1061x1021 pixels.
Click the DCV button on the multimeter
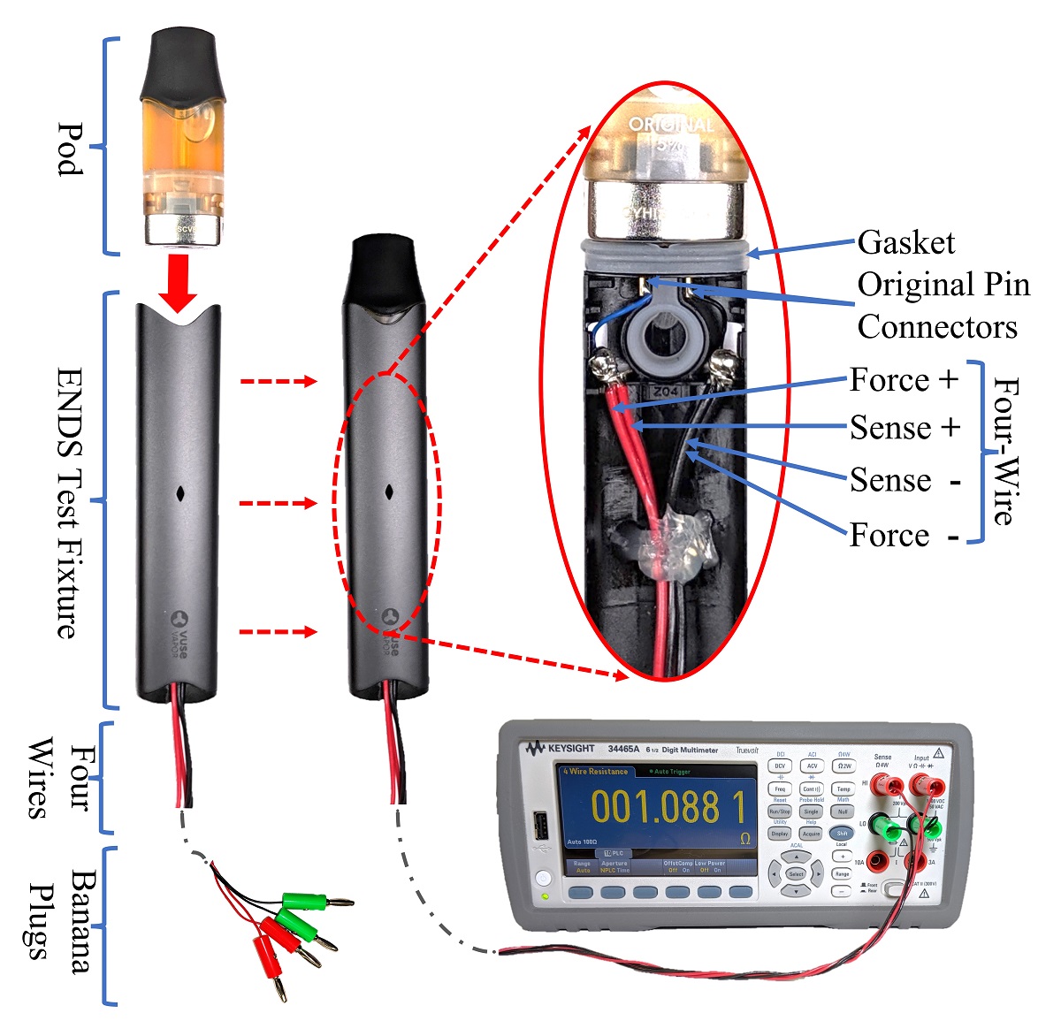pos(780,766)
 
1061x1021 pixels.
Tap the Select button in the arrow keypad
pos(796,873)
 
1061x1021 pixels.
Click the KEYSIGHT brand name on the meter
pos(570,749)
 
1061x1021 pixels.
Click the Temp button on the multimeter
pos(843,789)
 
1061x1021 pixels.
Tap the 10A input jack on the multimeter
pos(876,860)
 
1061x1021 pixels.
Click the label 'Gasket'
pos(906,243)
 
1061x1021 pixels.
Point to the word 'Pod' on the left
pos(72,149)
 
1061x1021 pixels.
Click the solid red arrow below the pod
pos(179,282)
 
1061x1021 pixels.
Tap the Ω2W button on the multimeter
pos(843,766)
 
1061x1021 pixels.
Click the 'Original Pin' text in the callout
pos(943,285)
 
